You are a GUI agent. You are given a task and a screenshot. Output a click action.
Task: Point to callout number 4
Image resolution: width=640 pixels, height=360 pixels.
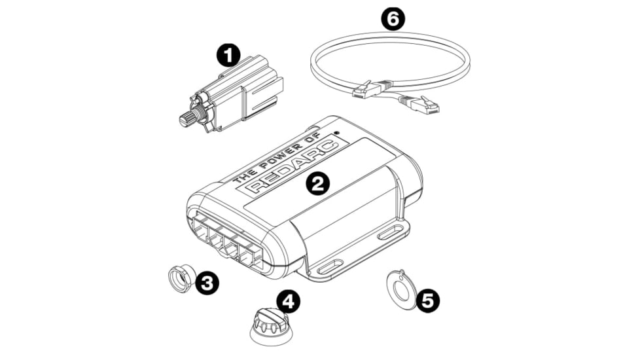click(x=288, y=301)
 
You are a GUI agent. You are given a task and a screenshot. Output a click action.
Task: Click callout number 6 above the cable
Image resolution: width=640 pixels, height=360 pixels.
click(x=393, y=19)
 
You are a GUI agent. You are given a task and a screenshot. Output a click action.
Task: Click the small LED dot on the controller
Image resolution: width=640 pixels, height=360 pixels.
click(x=338, y=134)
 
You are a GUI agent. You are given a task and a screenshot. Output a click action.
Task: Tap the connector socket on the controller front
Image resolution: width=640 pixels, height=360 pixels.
click(x=226, y=242)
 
